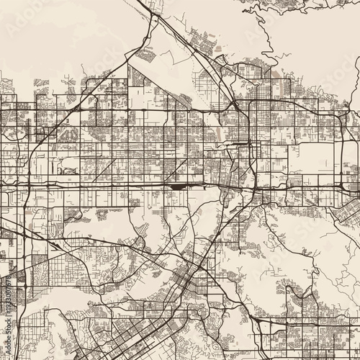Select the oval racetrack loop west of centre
click(68, 171)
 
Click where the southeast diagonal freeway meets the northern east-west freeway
click(235, 108)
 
